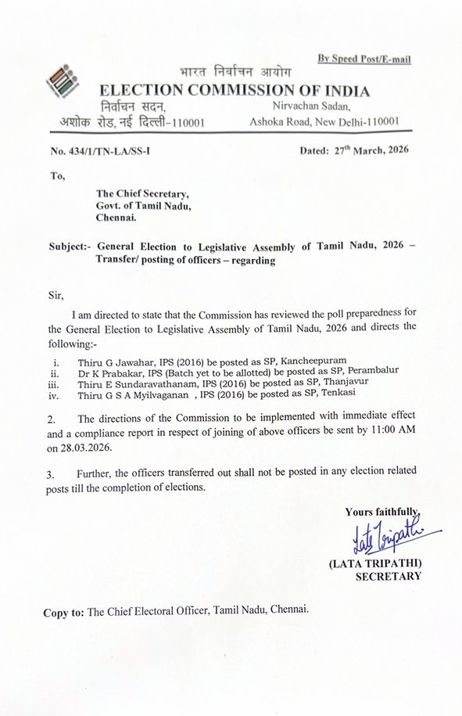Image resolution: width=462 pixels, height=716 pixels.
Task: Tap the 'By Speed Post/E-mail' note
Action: click(x=364, y=59)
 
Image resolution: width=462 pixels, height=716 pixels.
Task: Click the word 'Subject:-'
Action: click(x=70, y=245)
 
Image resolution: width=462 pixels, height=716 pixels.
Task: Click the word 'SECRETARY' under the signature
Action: click(x=388, y=577)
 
